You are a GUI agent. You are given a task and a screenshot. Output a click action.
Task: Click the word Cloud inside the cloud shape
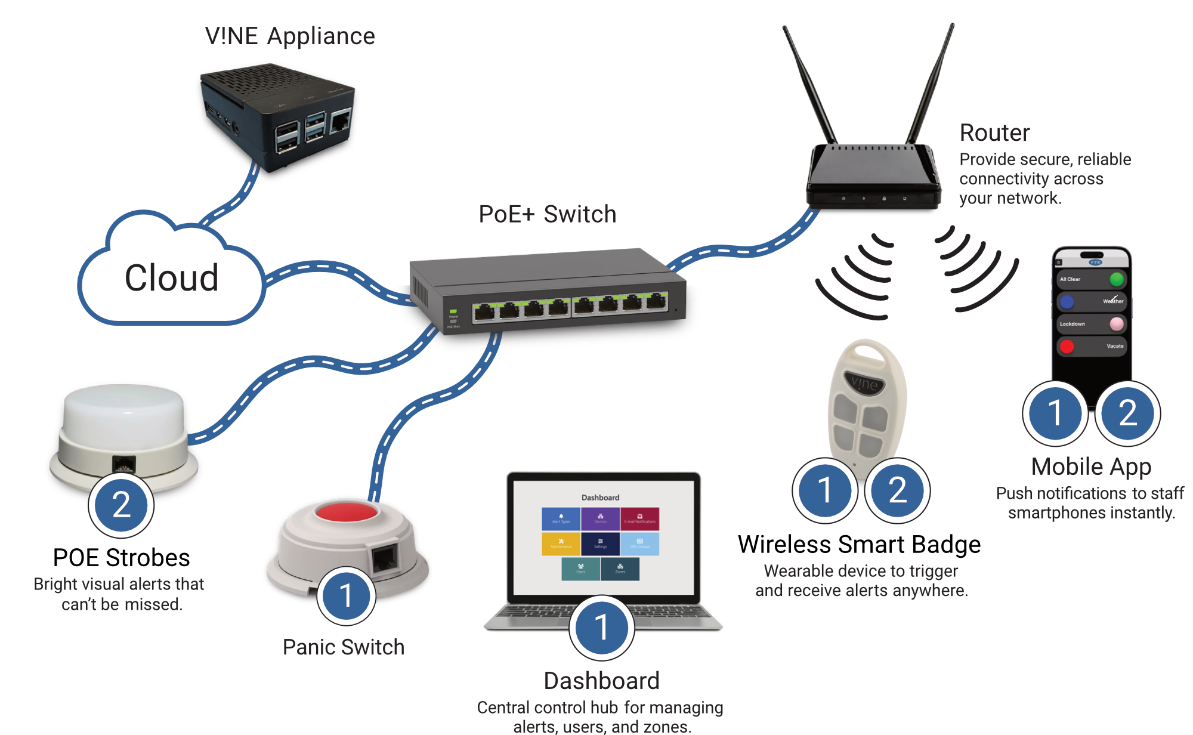tap(172, 278)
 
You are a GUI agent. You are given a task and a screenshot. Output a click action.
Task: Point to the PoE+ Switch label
tap(547, 214)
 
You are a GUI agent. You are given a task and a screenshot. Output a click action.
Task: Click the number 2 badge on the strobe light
tap(122, 505)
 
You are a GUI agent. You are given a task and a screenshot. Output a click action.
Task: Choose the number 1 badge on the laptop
tap(601, 628)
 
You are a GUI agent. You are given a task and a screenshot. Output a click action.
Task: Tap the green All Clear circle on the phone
tap(1117, 279)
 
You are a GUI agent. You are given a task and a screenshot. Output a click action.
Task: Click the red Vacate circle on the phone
tap(1067, 346)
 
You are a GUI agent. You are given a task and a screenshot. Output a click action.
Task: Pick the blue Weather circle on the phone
tap(1067, 301)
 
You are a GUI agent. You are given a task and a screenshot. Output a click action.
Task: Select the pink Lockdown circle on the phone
tap(1117, 323)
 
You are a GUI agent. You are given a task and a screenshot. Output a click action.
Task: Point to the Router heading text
tap(994, 133)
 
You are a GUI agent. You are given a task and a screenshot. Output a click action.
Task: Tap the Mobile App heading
tap(1091, 467)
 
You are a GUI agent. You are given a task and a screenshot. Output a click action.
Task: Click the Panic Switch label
tap(344, 647)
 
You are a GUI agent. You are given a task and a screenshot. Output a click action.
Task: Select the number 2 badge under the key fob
tap(898, 490)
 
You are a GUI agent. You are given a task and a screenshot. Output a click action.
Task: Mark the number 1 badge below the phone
tap(1055, 413)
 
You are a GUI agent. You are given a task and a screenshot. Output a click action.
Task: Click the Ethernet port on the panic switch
tap(385, 559)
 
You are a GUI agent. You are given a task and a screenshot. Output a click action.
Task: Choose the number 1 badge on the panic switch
tap(346, 595)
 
